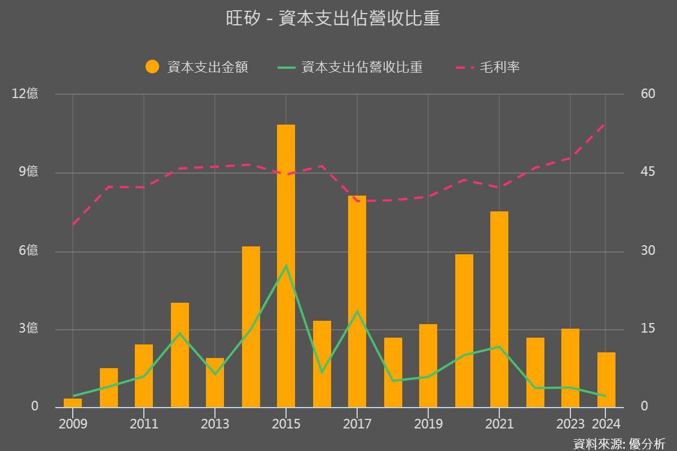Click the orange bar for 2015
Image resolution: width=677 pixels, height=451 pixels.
tap(286, 265)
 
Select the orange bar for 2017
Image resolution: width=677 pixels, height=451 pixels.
tap(357, 302)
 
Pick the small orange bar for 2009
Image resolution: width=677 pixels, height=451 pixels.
tap(73, 403)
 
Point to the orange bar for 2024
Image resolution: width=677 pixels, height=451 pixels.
tap(606, 379)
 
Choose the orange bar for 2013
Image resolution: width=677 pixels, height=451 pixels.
tap(215, 382)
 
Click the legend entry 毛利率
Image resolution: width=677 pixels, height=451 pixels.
tap(489, 67)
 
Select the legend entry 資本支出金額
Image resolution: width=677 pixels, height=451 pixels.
tap(197, 67)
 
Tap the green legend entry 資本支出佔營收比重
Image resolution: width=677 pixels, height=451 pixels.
tap(350, 67)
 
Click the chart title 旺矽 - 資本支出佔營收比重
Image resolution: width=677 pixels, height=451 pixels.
tap(333, 19)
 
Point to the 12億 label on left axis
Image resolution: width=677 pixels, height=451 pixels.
tap(25, 94)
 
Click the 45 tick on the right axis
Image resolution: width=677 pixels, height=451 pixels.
tap(648, 172)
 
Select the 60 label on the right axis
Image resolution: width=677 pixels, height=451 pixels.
tap(648, 94)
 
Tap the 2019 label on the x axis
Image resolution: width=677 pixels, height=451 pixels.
tap(428, 424)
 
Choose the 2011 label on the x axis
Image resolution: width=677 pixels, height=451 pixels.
tap(144, 424)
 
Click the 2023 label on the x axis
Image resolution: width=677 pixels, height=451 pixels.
tap(570, 424)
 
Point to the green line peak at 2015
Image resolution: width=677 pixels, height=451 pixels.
tap(286, 266)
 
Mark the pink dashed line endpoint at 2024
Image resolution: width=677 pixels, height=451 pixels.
tap(605, 123)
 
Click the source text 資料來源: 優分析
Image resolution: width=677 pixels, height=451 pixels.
tap(619, 443)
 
